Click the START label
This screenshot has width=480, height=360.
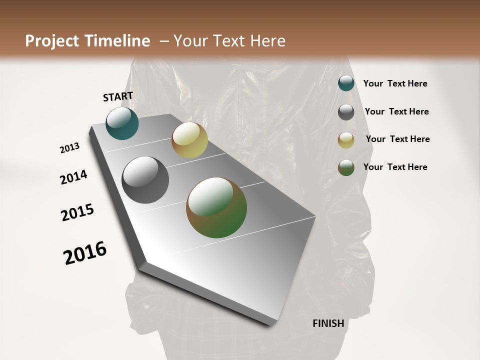118,96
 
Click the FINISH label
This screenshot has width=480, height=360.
328,323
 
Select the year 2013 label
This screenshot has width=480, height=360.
69,148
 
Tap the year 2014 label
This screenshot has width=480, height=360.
74,177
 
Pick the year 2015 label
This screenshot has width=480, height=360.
77,212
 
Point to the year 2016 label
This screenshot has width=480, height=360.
85,253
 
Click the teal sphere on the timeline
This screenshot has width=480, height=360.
122,123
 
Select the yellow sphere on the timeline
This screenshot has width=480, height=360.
189,140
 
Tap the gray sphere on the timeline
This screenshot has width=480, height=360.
145,180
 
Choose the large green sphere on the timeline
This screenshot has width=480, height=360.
216,207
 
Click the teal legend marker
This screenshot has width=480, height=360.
346,83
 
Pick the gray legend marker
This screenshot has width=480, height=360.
346,112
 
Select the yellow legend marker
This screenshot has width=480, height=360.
346,140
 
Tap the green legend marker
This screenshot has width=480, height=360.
346,167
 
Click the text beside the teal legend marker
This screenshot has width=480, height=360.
395,84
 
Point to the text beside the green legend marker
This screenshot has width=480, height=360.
395,167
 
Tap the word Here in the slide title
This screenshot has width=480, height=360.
267,41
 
